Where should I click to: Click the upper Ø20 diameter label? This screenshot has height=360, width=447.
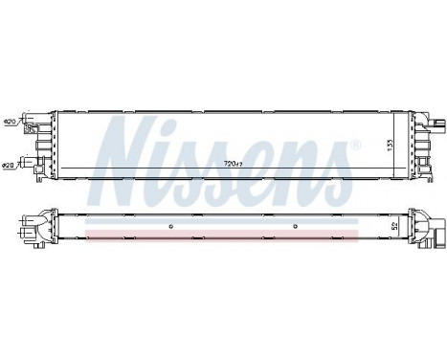click(11, 122)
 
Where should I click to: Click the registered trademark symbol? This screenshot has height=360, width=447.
click(357, 146)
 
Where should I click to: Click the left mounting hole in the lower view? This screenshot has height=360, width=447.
click(170, 227)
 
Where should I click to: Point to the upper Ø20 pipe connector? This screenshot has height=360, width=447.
click(32, 123)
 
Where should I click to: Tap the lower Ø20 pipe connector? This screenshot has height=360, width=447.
click(32, 163)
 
